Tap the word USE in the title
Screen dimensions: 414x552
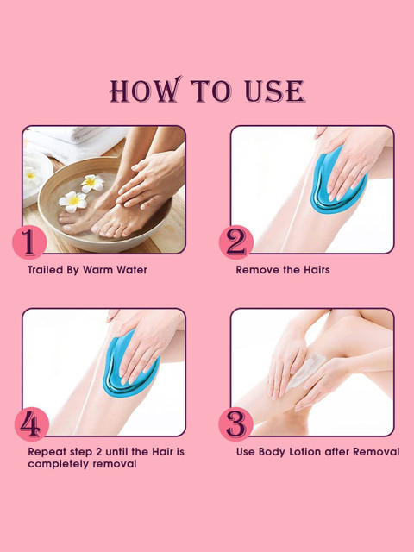(x=274, y=91)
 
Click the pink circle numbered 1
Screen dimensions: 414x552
(x=29, y=242)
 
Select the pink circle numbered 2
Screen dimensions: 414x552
(x=236, y=242)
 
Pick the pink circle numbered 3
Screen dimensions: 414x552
(x=235, y=424)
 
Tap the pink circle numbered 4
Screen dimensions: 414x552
(x=32, y=424)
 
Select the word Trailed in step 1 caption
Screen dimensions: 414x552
(x=42, y=270)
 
